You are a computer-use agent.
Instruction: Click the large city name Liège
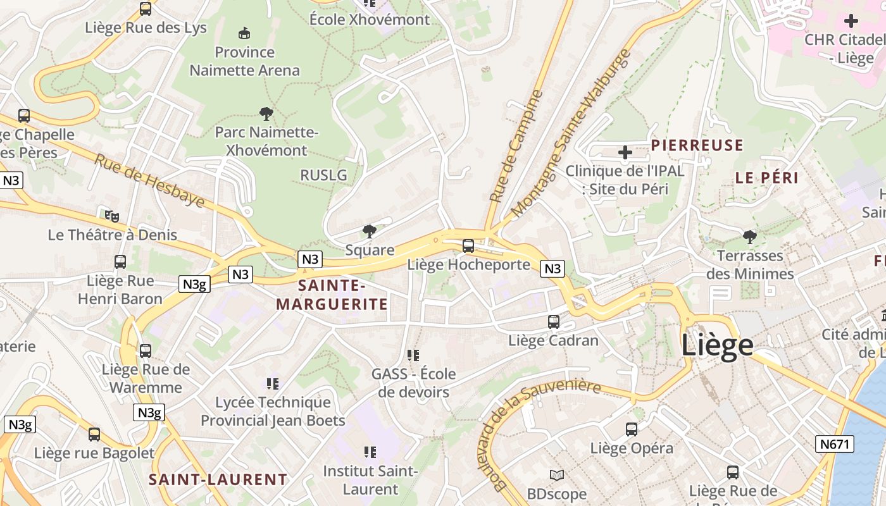click(x=717, y=345)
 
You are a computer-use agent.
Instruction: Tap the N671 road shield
click(x=834, y=444)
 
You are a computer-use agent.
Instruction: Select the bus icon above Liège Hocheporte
click(x=468, y=246)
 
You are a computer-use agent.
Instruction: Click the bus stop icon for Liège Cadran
click(x=554, y=322)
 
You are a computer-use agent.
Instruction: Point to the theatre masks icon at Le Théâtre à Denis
click(x=112, y=216)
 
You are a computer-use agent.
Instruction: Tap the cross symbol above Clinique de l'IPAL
click(x=625, y=152)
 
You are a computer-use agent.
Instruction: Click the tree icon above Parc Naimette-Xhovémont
click(x=266, y=114)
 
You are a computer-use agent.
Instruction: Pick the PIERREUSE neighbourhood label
click(x=697, y=145)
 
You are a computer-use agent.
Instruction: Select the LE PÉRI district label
click(x=766, y=178)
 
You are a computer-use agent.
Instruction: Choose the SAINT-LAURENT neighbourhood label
click(x=218, y=479)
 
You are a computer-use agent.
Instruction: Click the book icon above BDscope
click(x=557, y=475)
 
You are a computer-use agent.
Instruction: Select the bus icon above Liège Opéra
click(x=632, y=429)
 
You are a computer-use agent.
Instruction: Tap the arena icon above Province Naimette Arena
click(x=244, y=33)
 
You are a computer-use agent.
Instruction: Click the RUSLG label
click(x=323, y=175)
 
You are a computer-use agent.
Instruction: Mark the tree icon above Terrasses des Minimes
click(x=750, y=238)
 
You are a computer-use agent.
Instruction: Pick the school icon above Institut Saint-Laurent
click(x=370, y=452)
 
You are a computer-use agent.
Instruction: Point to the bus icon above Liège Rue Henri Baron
click(x=120, y=262)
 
